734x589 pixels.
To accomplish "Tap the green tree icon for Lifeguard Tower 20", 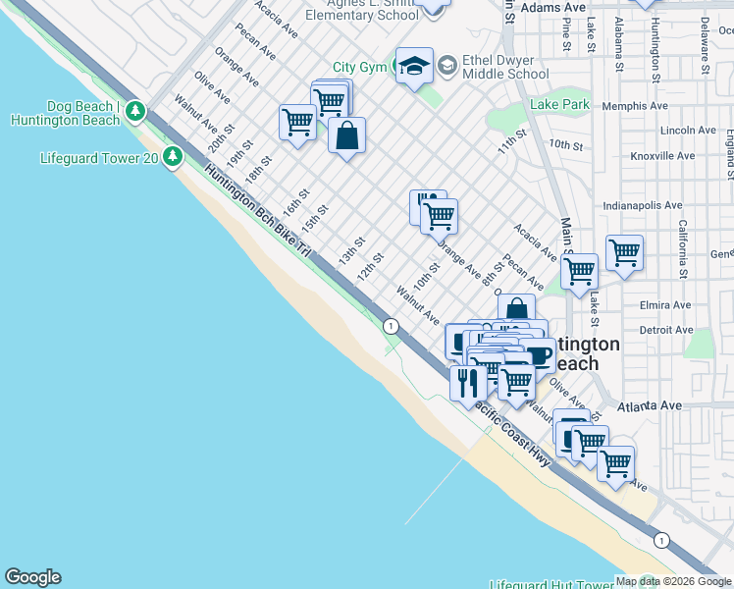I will (x=173, y=156).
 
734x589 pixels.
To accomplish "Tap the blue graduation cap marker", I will (x=415, y=66).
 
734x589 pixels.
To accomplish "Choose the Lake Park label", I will (x=559, y=104).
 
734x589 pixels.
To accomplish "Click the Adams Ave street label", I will (x=552, y=7).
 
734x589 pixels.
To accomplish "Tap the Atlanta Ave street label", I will (x=649, y=405).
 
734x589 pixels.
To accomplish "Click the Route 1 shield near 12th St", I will (x=391, y=326).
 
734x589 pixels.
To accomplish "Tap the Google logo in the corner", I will (x=32, y=577).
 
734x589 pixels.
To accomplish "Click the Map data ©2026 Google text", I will (x=672, y=581).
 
